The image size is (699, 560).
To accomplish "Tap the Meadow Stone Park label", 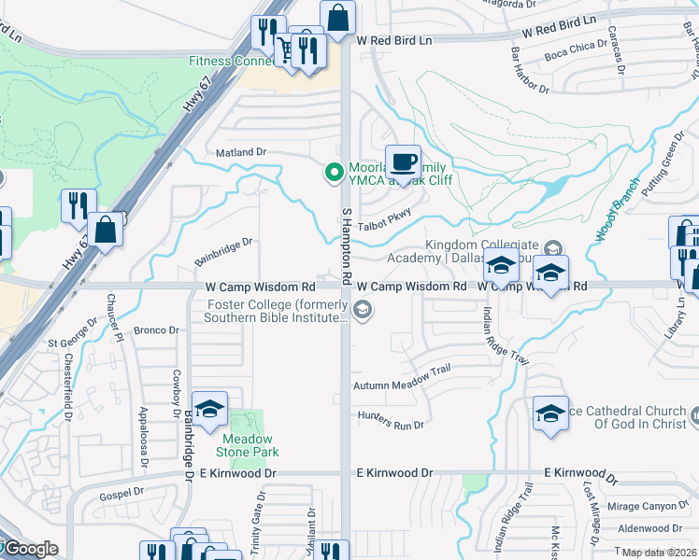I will point(248,445).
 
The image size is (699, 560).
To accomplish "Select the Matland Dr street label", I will point(241,151).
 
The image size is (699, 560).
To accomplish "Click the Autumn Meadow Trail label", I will point(402,370).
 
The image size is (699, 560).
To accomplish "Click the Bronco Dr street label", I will point(156,329).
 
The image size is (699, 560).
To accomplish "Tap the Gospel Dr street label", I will point(125,490).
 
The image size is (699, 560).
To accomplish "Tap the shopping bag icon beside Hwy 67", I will point(106,230).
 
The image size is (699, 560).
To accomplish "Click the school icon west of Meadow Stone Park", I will point(210,409).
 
